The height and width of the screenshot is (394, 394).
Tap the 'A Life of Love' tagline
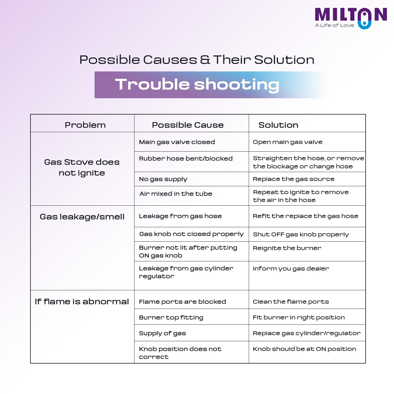click(x=335, y=25)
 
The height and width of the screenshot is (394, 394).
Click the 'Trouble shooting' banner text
click(x=197, y=85)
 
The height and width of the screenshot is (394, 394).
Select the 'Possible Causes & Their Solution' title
click(x=197, y=60)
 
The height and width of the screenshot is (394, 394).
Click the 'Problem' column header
click(x=85, y=125)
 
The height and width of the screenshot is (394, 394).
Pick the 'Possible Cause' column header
click(x=188, y=125)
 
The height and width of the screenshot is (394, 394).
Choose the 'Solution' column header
click(x=278, y=125)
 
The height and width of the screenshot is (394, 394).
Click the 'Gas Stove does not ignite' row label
click(x=82, y=167)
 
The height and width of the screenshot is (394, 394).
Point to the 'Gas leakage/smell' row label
click(x=82, y=217)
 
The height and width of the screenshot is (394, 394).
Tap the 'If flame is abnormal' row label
click(x=82, y=302)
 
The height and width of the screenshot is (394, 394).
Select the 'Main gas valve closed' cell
click(x=177, y=142)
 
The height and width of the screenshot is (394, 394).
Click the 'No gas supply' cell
click(x=163, y=179)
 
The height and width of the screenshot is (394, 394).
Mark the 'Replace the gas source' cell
click(x=294, y=179)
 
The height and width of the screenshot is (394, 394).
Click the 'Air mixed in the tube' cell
click(x=176, y=194)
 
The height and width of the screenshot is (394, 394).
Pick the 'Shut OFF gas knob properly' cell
click(x=301, y=234)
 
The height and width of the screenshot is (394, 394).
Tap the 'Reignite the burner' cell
click(x=287, y=248)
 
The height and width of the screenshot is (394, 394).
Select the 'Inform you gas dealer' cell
click(x=291, y=269)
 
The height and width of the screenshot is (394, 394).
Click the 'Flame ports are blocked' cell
click(x=182, y=302)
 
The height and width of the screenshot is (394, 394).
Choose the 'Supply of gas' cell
click(x=162, y=333)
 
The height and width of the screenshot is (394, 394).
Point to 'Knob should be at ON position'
click(x=304, y=349)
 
